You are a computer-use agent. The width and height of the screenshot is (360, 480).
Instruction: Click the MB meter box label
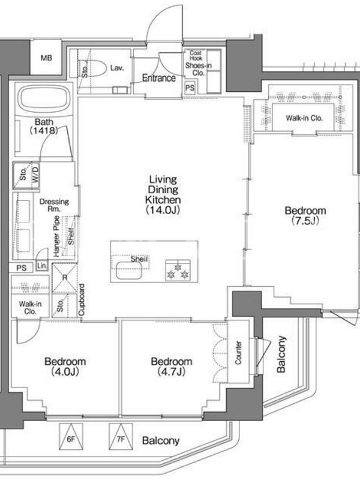46,58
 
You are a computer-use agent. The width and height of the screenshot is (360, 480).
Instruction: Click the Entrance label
159,78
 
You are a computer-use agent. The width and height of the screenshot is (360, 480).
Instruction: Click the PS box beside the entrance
190,88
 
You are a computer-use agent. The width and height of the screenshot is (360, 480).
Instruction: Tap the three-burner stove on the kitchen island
178,271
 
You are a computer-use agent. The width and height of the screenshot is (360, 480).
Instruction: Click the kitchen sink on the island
129,271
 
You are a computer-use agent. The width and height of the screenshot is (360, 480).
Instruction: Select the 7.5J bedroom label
305,215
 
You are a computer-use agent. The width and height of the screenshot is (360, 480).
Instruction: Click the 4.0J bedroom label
65,366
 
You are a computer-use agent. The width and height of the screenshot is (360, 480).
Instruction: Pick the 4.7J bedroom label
172,366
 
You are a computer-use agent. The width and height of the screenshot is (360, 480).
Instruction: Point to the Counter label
238,353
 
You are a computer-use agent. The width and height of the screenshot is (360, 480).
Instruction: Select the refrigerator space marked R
65,278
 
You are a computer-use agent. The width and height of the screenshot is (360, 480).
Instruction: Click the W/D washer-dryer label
35,174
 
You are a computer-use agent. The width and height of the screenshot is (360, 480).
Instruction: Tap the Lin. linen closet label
42,266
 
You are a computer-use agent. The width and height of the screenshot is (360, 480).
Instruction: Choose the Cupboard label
82,300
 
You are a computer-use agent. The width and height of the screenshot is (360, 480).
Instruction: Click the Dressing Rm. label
54,205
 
